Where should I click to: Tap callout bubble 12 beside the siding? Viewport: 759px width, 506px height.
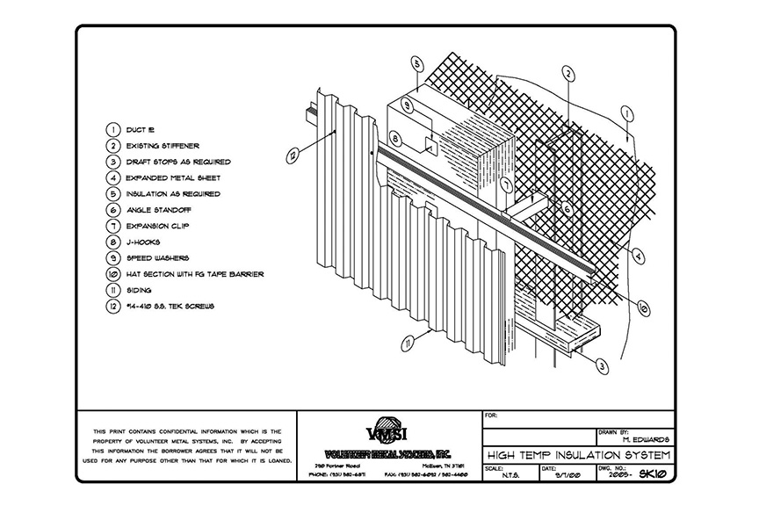(293, 156)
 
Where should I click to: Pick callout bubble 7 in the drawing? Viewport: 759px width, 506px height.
(507, 184)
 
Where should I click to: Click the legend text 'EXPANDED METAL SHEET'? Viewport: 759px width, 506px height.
(172, 178)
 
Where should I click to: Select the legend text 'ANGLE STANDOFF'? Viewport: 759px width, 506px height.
(160, 211)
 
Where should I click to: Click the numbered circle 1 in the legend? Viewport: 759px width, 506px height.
(112, 130)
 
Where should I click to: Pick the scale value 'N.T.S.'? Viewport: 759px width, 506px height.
(510, 477)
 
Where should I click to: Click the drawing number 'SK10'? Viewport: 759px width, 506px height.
(657, 477)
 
